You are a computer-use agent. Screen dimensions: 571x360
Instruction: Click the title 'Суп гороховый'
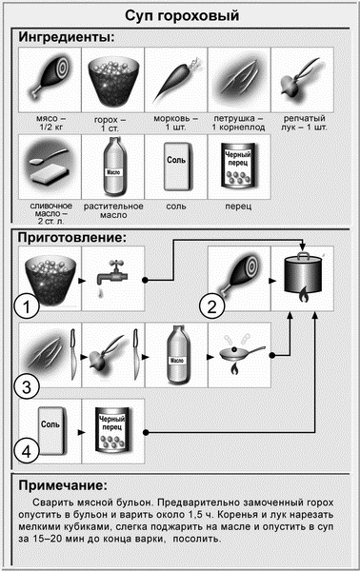click(x=179, y=16)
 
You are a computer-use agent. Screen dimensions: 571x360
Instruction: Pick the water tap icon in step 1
click(x=112, y=280)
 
